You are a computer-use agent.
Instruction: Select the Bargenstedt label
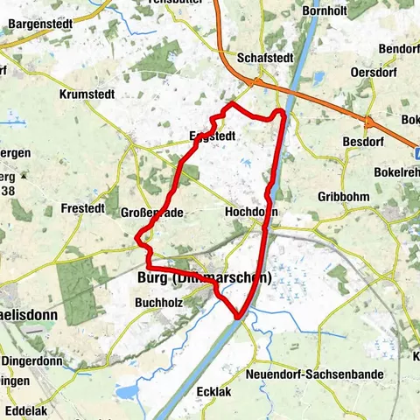pos(38,24)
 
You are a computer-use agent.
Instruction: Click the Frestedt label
pos(84,209)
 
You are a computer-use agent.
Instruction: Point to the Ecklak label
pos(214,392)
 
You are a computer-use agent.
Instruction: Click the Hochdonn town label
pos(251,212)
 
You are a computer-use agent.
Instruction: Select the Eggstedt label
pos(212,136)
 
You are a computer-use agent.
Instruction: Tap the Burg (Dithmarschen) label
pos(205,278)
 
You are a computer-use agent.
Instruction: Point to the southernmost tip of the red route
pos(238,318)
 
